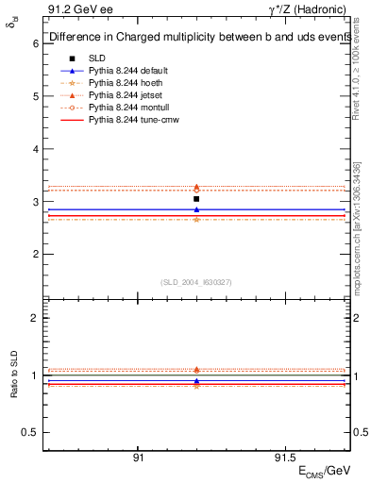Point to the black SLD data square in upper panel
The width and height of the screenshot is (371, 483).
tap(196, 199)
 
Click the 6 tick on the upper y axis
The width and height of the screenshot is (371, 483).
tap(35, 43)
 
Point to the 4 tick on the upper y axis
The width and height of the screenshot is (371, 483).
tap(35, 149)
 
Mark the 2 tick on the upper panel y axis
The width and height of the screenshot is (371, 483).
tap(35, 255)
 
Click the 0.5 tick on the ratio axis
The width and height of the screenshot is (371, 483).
tap(31, 432)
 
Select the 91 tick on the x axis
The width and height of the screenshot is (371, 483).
tap(138, 456)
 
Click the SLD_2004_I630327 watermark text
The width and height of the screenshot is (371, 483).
tap(196, 282)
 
